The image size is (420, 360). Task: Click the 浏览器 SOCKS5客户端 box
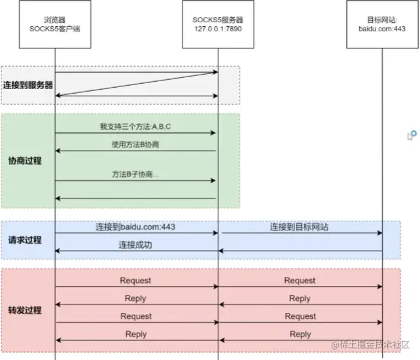click(x=54, y=24)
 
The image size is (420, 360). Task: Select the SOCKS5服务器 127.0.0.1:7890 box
click(x=218, y=24)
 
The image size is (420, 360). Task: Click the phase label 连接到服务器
click(x=27, y=85)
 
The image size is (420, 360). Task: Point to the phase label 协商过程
click(x=25, y=160)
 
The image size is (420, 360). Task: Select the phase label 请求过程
click(x=25, y=240)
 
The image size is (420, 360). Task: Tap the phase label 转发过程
click(x=25, y=310)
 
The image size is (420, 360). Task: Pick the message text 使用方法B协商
click(x=135, y=145)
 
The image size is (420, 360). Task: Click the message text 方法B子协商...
click(x=135, y=175)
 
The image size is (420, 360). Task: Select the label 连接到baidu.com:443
click(x=135, y=227)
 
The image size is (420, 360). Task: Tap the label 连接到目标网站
click(x=299, y=227)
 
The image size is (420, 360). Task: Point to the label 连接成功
click(x=135, y=245)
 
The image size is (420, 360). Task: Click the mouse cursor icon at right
click(x=411, y=135)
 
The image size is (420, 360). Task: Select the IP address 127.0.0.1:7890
click(x=218, y=29)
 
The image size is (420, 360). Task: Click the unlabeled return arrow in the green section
click(x=135, y=198)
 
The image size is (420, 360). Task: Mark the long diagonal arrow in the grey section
click(x=135, y=83)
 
